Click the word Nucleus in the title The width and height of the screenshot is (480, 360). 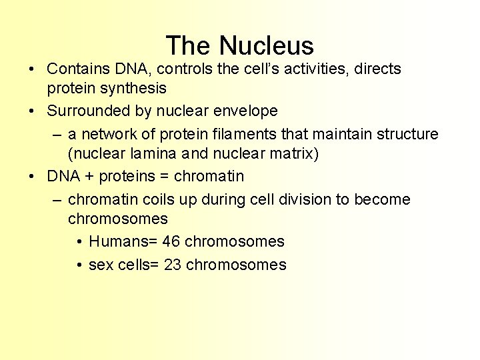(x=267, y=46)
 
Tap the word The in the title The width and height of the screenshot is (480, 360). (x=189, y=46)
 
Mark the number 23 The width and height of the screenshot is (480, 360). (x=173, y=265)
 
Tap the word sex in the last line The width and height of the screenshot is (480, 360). (x=101, y=265)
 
